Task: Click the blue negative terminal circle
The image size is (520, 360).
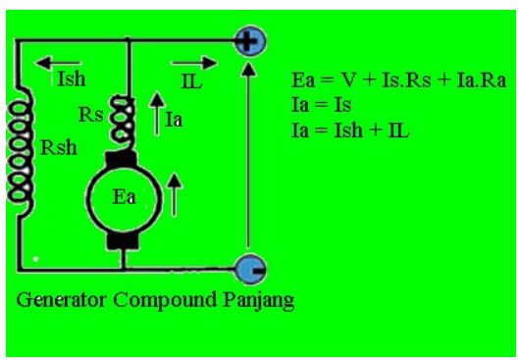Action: pyautogui.click(x=249, y=267)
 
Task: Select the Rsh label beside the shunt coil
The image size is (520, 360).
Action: pyautogui.click(x=55, y=150)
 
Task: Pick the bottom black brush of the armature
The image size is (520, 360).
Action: pyautogui.click(x=125, y=238)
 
